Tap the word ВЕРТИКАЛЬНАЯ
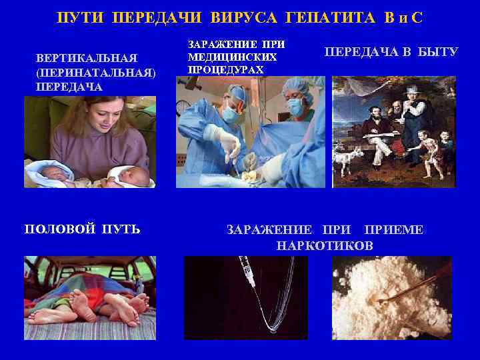(78, 58)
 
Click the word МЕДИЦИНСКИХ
(231, 57)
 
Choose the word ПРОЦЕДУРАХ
(225, 69)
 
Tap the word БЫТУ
(438, 51)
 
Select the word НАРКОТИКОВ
(325, 246)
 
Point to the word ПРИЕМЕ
(394, 230)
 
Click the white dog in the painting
(349, 160)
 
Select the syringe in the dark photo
(249, 276)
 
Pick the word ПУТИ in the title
(81, 17)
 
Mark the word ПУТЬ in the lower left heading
(121, 230)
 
